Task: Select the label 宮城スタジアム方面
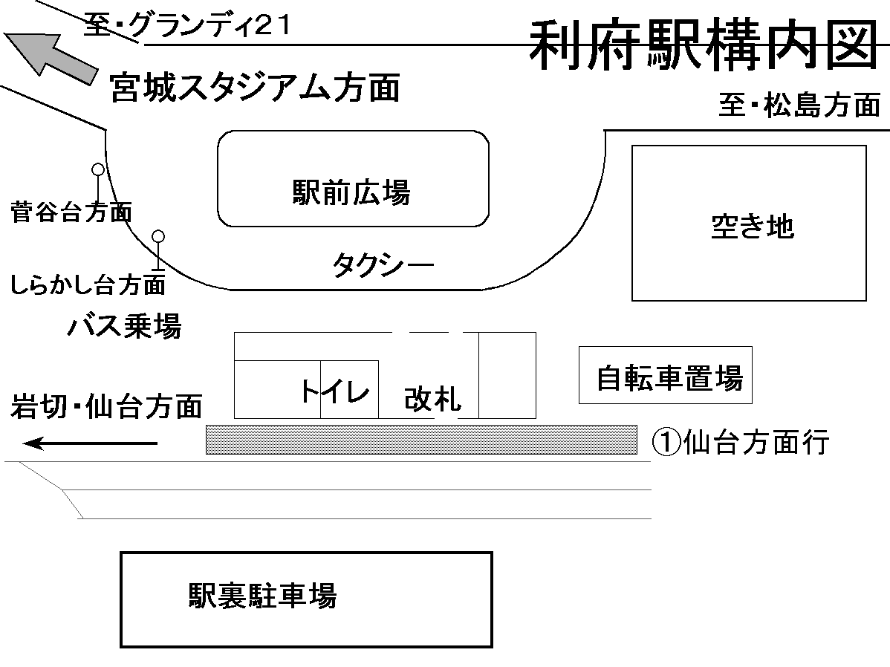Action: tap(255, 88)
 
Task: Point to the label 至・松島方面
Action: tap(799, 105)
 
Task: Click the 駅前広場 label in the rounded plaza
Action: tap(351, 193)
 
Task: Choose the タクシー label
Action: tap(382, 264)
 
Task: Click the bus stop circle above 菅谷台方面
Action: tap(97, 169)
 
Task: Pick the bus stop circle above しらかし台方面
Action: tap(157, 236)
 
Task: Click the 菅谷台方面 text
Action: tap(71, 212)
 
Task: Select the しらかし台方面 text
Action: tap(88, 283)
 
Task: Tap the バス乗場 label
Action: tap(124, 325)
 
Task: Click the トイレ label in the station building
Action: tap(334, 391)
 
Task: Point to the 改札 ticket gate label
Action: tap(432, 400)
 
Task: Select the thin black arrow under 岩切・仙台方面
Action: tap(91, 444)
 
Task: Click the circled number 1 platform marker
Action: tap(666, 443)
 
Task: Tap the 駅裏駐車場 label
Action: tap(262, 596)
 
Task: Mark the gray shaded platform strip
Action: tap(421, 439)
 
